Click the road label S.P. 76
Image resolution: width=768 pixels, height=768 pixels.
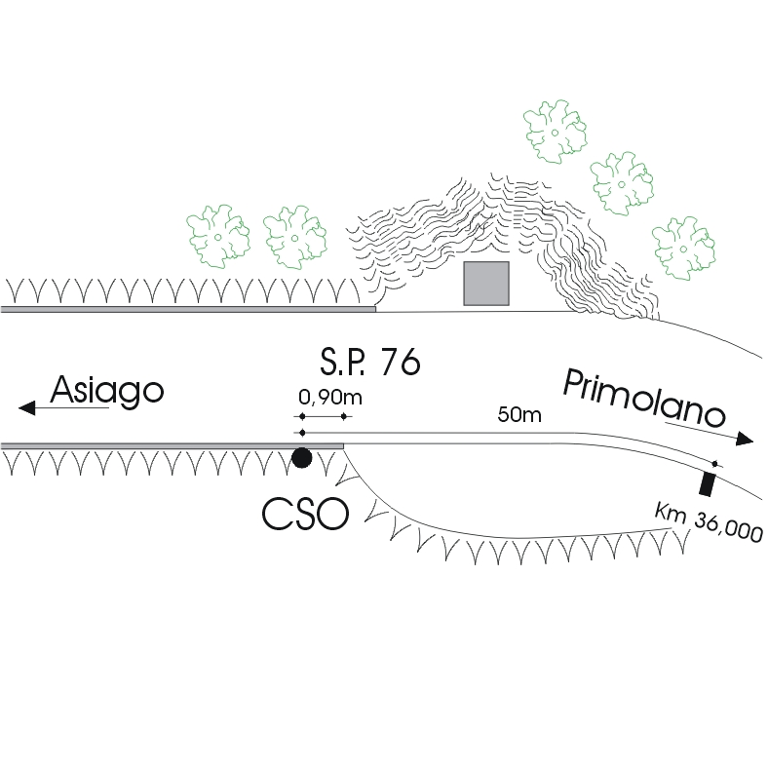pyautogui.click(x=369, y=362)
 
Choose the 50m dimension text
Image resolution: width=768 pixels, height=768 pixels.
pyautogui.click(x=518, y=415)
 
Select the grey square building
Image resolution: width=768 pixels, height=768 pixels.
pyautogui.click(x=486, y=284)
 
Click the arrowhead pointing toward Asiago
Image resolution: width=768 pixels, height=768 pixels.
pyautogui.click(x=27, y=407)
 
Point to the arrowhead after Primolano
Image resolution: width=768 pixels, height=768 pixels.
pyautogui.click(x=746, y=440)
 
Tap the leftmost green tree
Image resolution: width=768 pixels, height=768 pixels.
pyautogui.click(x=218, y=235)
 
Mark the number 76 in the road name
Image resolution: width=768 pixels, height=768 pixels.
pyautogui.click(x=401, y=362)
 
